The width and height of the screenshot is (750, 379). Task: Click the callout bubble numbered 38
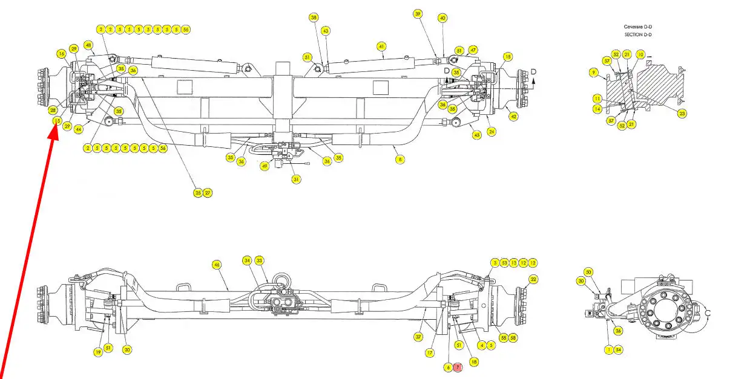[x=314, y=18]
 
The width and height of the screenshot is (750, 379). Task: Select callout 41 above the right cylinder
[x=381, y=46]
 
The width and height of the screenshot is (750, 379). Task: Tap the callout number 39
[x=417, y=13]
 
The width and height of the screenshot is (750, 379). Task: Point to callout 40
[x=442, y=18]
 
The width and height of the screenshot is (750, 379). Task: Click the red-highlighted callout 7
[x=458, y=367]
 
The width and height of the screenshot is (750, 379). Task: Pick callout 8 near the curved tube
[x=400, y=159]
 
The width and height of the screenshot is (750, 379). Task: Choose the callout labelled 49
[x=265, y=166]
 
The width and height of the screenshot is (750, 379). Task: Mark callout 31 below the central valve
[x=296, y=179]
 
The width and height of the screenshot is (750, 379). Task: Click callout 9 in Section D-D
[x=594, y=73]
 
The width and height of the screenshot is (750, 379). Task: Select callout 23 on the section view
[x=682, y=112]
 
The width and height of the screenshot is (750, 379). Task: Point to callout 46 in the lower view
[x=217, y=264]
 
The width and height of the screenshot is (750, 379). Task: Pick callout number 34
[x=247, y=261]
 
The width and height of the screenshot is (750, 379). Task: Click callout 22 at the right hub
[x=533, y=279]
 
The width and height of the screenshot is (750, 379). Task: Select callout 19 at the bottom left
[x=97, y=352]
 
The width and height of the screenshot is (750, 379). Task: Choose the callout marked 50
[x=588, y=272]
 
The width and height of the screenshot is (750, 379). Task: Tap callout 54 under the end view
[x=618, y=349]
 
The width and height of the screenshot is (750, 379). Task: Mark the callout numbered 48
[x=88, y=45]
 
